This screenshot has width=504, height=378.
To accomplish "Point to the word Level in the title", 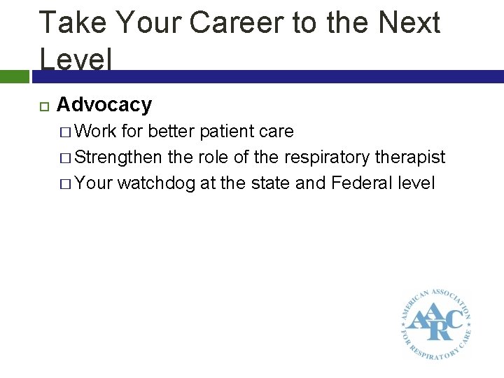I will point(75,58).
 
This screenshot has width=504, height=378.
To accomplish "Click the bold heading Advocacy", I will point(104,105).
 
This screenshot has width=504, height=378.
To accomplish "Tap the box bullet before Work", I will point(64,132).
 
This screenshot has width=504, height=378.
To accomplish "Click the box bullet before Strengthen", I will point(64,158).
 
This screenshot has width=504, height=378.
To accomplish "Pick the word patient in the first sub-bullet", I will point(226,132).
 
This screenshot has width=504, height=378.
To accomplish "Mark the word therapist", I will point(410,157).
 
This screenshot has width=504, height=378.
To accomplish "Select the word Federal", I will point(361,183).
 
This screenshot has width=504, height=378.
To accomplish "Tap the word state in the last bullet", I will point(269,183).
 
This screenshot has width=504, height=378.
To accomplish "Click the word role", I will point(213,157).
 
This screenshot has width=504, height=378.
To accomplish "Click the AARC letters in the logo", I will point(435,321).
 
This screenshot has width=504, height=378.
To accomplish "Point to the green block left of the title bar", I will point(14,76).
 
